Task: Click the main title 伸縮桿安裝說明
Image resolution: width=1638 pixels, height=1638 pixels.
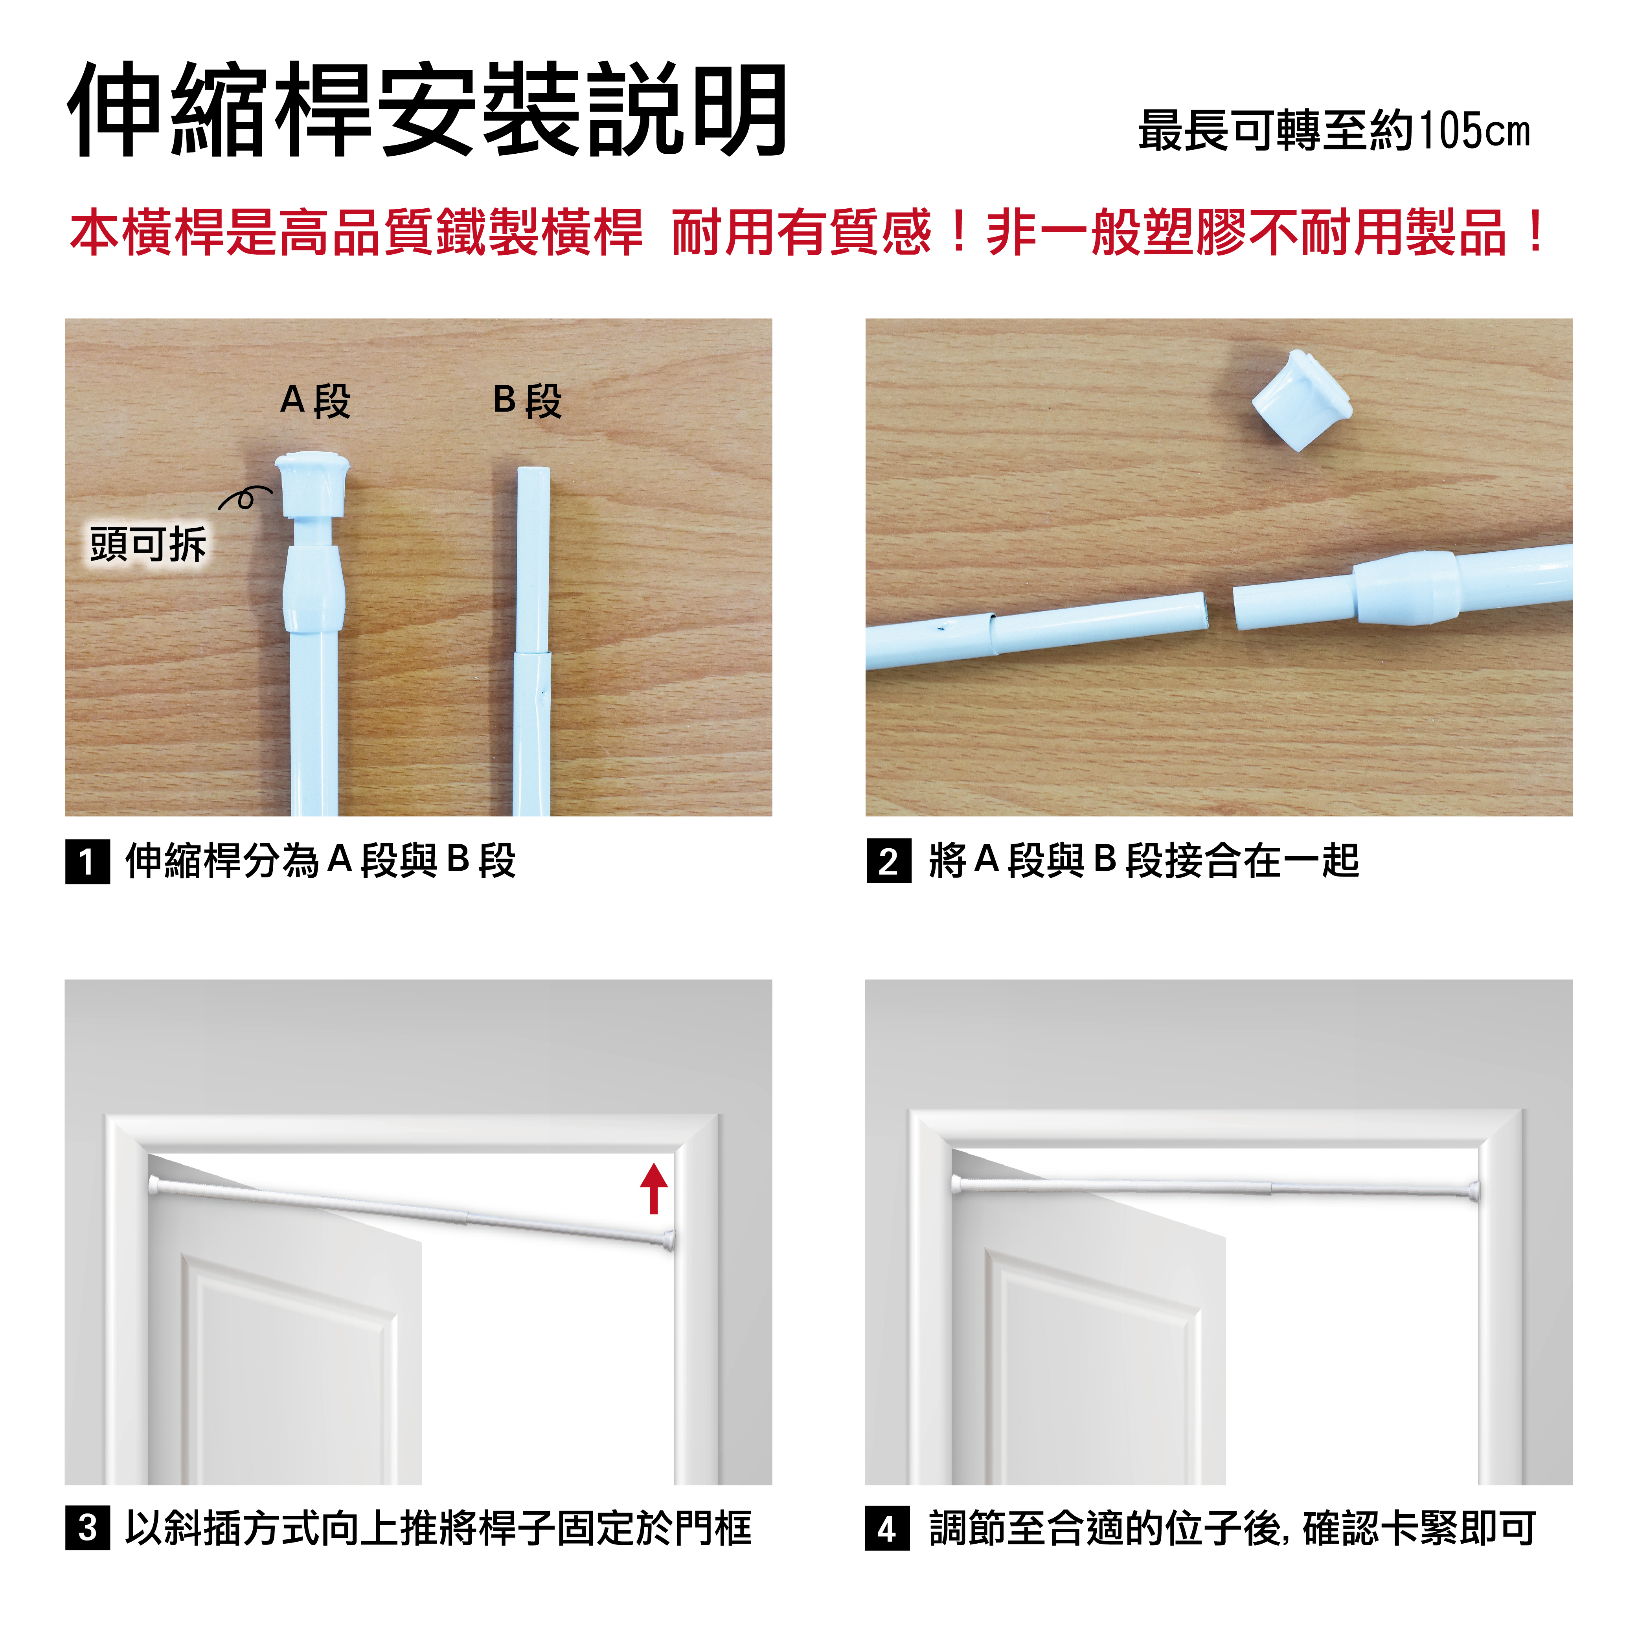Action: [428, 110]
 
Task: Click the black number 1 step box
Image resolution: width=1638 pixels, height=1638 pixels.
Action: [87, 861]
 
